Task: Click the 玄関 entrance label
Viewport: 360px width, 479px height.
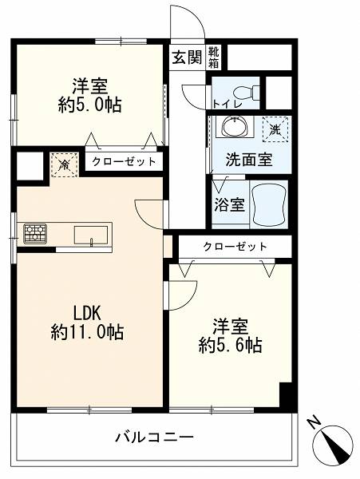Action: coord(187,57)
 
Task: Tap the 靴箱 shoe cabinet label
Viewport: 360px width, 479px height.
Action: coord(214,57)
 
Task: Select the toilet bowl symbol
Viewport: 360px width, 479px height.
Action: coord(246,91)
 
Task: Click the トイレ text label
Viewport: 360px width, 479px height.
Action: coord(227,104)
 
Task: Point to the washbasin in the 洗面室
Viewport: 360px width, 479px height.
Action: coord(235,127)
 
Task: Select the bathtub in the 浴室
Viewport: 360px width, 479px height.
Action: coord(269,204)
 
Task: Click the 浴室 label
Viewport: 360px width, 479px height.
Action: coord(229,204)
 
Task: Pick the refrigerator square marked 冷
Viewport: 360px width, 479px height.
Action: coord(65,165)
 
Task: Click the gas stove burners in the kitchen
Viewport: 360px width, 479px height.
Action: coord(35,234)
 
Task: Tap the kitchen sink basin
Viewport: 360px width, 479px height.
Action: coord(91,236)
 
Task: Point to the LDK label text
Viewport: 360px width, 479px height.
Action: coord(87,314)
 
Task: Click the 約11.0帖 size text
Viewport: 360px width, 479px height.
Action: coord(87,332)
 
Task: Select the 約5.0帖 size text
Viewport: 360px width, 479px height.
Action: coord(89,105)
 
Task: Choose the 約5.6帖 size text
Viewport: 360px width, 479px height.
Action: coord(231,346)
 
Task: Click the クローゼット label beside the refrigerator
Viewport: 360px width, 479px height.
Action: coord(124,161)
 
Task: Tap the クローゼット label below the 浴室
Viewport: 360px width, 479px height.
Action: coord(235,246)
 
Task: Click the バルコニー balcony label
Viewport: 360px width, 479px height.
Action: coord(154,437)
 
